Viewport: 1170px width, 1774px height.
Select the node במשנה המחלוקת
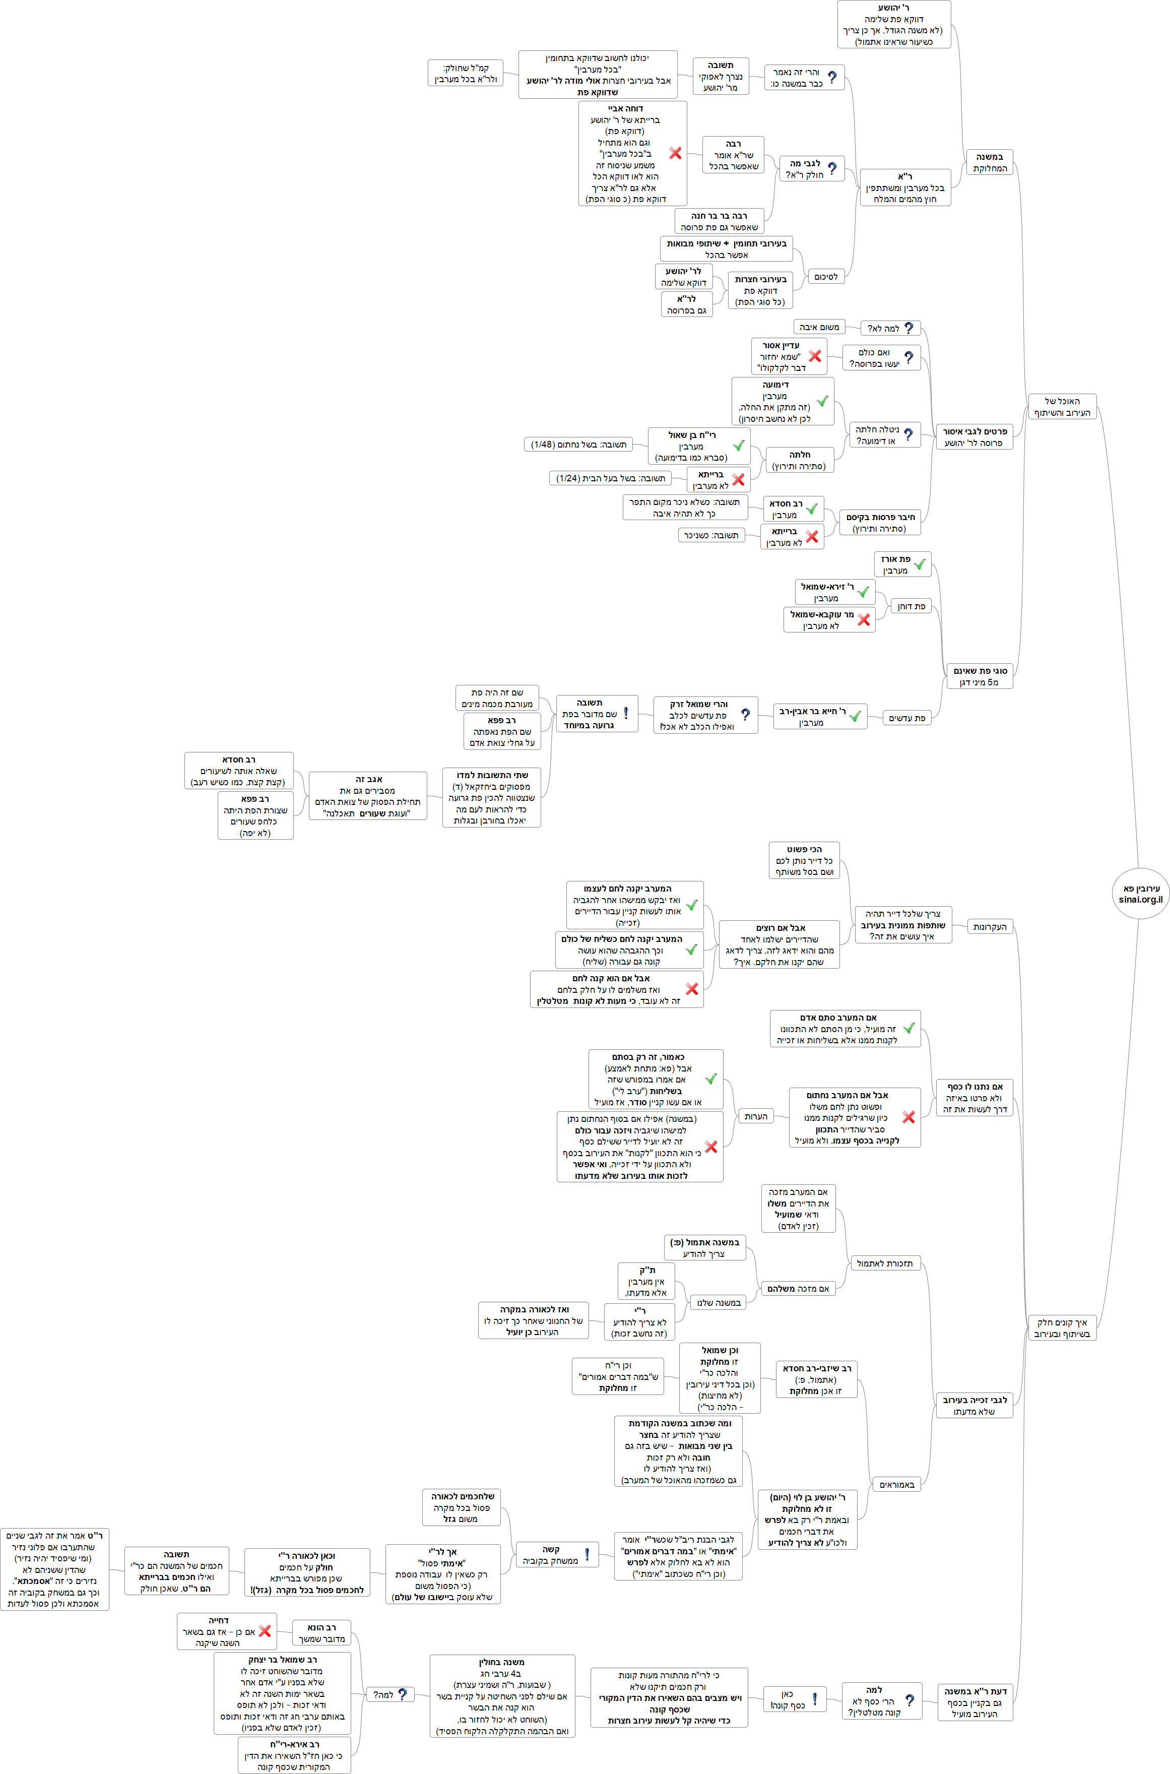coord(990,162)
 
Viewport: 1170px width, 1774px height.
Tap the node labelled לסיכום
coord(825,277)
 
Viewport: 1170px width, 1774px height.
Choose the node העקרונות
coord(990,927)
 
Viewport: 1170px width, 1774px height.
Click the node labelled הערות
coord(755,1116)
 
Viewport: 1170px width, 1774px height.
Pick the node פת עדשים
coord(906,718)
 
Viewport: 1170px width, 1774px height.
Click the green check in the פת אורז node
coord(919,565)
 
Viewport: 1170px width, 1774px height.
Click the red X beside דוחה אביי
coord(675,153)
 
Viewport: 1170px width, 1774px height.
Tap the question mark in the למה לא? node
coord(908,328)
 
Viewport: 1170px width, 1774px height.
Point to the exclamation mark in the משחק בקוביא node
coord(587,1555)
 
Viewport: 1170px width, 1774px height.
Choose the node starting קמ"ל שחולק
coord(466,73)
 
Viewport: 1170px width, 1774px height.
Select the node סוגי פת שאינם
coord(980,676)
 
